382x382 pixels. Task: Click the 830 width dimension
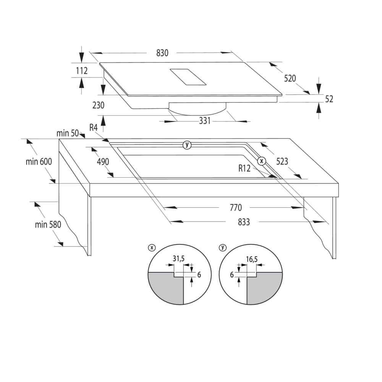pos(162,53)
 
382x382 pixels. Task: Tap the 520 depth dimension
pos(290,78)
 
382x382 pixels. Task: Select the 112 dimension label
pos(82,71)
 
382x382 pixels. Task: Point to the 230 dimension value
pos(99,105)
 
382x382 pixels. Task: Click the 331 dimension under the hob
pos(205,121)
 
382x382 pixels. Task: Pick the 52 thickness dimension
pos(329,99)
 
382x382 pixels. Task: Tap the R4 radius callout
pos(94,128)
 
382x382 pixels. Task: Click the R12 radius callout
pos(244,168)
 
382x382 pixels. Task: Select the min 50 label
pos(68,133)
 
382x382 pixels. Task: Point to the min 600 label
pos(39,162)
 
